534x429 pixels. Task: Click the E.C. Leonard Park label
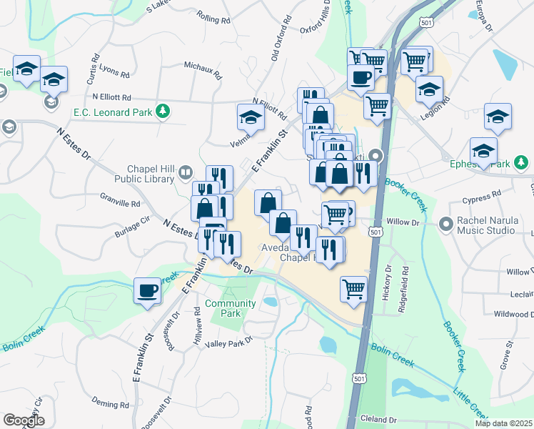click(x=113, y=112)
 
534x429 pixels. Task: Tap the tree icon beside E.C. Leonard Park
click(x=163, y=110)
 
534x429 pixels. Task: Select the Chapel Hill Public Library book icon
click(x=186, y=172)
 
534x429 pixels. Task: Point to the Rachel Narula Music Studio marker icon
click(x=448, y=225)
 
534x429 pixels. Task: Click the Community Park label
click(x=231, y=308)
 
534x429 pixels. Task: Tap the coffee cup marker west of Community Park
click(x=148, y=290)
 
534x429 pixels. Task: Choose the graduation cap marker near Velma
click(x=251, y=117)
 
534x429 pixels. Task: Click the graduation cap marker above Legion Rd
click(x=429, y=89)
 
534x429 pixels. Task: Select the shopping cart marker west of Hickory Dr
click(x=353, y=289)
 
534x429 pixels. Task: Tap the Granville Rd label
click(x=120, y=203)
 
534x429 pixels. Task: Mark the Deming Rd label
click(x=114, y=404)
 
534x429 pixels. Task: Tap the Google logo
click(x=24, y=420)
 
